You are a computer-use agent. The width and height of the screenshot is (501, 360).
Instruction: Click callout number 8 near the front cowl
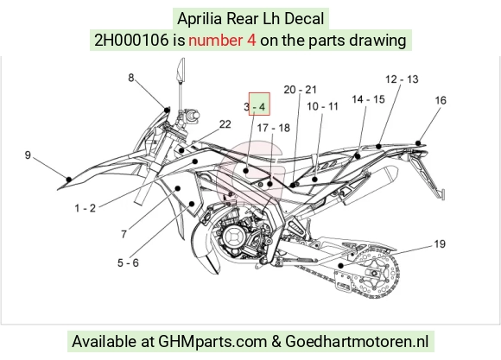tap(131, 78)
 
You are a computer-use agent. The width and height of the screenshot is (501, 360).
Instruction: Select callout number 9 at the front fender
tap(28, 155)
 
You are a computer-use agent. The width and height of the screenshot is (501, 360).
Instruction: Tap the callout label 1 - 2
tap(85, 208)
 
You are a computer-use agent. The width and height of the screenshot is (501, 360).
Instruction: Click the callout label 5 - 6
tap(128, 263)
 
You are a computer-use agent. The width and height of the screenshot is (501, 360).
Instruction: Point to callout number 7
tap(124, 235)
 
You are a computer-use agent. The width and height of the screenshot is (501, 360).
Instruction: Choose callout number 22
tap(225, 124)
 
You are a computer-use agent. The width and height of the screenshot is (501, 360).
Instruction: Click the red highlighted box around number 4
tap(259, 104)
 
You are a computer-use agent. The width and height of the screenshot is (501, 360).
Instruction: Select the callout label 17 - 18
tap(274, 128)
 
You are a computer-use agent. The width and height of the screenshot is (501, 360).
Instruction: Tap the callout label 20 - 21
tap(300, 90)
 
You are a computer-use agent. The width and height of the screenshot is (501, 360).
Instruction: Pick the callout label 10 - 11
tap(322, 106)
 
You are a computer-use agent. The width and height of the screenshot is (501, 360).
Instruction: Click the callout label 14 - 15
tap(368, 99)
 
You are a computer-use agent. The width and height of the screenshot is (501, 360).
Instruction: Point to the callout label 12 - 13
tap(402, 79)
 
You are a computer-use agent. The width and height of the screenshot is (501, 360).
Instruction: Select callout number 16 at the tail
tap(441, 101)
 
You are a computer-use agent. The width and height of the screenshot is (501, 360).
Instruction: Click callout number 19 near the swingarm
tap(440, 244)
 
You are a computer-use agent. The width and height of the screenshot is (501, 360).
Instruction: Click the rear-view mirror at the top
tap(181, 69)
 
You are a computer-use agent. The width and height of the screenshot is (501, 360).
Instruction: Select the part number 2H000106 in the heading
tap(131, 41)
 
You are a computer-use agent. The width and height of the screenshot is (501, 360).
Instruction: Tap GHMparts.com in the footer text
tap(212, 342)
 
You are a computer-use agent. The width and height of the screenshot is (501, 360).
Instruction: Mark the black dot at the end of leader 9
tap(69, 180)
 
